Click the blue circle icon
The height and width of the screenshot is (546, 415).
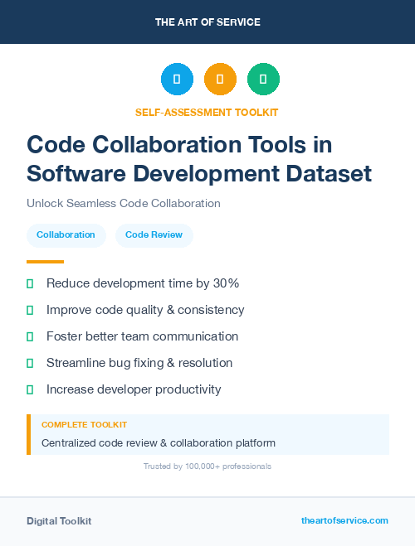(x=177, y=79)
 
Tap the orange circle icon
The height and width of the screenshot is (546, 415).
(x=220, y=79)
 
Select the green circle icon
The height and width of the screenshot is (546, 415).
(x=263, y=79)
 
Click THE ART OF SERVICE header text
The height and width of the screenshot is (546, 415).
(x=207, y=22)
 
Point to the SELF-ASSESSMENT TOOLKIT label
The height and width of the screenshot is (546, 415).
(x=207, y=112)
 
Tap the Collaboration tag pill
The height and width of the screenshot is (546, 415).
(x=66, y=235)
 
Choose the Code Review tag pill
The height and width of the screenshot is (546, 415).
(x=154, y=235)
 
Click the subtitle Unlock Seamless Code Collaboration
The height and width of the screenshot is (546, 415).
(x=123, y=203)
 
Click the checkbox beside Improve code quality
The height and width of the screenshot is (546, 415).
(x=30, y=310)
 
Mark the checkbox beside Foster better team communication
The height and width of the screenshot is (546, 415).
(x=30, y=336)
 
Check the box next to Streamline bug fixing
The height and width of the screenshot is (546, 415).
(x=30, y=363)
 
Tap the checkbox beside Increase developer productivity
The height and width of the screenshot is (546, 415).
(x=30, y=389)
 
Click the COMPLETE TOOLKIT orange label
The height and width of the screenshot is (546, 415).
(x=84, y=424)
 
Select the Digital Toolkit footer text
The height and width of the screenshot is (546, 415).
(x=59, y=521)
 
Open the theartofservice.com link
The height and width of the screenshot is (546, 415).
(x=344, y=520)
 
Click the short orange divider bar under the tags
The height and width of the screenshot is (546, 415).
(x=45, y=262)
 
